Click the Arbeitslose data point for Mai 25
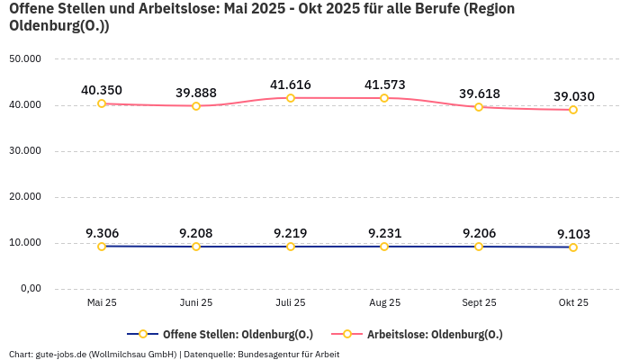point(102,103)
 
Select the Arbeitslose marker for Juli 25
point(291,98)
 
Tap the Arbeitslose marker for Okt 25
point(572,110)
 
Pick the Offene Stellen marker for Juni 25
point(196,247)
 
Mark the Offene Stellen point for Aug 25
point(384,247)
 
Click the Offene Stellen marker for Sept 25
point(479,247)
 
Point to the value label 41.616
point(291,85)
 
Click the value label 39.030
point(572,96)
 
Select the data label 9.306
point(102,233)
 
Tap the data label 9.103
point(572,234)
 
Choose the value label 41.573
point(384,85)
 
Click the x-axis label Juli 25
point(291,303)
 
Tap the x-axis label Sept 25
point(479,303)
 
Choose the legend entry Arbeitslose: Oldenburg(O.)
point(434,334)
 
